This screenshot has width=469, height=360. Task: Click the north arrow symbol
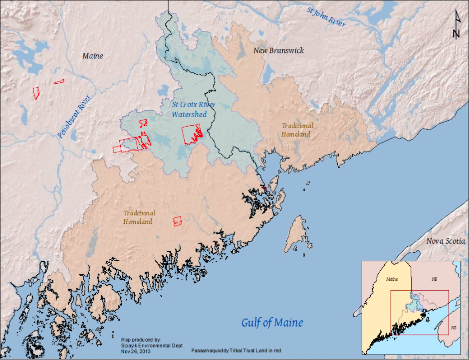456,24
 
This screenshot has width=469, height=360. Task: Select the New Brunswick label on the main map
278,51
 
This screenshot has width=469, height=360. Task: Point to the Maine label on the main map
92,56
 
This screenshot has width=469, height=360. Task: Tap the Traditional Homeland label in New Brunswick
297,130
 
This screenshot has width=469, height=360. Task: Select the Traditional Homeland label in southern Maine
139,217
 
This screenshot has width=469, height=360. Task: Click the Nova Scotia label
446,241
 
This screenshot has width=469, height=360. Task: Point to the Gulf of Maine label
272,323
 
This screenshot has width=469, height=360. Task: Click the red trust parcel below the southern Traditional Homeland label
176,221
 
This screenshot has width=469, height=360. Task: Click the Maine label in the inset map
392,280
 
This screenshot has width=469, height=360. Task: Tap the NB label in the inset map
435,280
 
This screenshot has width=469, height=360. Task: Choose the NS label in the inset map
453,328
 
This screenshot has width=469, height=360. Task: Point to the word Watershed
189,115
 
